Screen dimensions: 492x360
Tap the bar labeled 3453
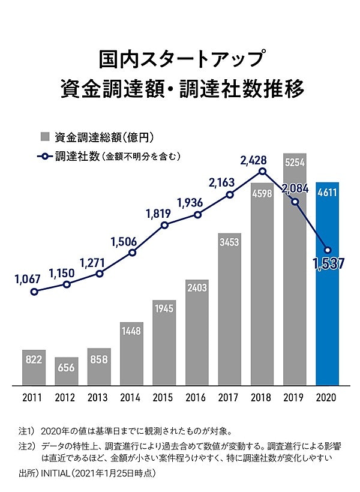tap(229, 309)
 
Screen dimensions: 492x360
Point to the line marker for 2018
tap(262, 172)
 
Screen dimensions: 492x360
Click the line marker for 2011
tap(34, 292)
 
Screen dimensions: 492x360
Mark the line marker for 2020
tap(328, 250)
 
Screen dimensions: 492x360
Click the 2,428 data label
tap(257, 160)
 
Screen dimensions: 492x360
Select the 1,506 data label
tap(124, 241)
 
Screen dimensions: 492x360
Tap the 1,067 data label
tap(27, 278)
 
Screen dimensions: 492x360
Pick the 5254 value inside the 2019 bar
tap(295, 162)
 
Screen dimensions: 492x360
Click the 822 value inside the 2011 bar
tap(34, 359)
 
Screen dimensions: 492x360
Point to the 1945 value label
tap(164, 310)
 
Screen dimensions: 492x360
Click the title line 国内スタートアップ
tap(180, 60)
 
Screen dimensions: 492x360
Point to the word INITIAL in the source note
tap(55, 473)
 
